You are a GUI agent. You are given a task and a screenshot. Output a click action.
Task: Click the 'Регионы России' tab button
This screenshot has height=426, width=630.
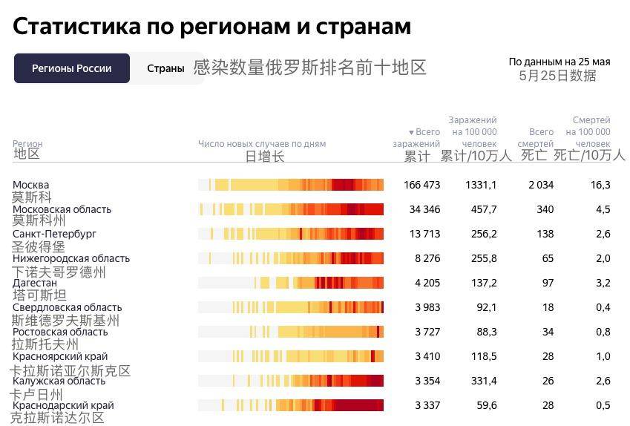pyautogui.click(x=71, y=68)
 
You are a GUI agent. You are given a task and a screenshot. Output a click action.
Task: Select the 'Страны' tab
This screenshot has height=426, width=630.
pyautogui.click(x=165, y=68)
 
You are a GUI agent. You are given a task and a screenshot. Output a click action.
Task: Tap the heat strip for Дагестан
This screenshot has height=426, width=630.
pyautogui.click(x=291, y=283)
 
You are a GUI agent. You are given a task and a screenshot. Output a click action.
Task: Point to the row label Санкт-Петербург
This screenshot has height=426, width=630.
pyautogui.click(x=54, y=234)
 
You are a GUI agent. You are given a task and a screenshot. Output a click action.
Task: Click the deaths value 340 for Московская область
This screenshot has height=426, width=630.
pyautogui.click(x=545, y=209)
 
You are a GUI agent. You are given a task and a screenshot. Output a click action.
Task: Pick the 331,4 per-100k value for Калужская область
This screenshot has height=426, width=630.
pyautogui.click(x=484, y=381)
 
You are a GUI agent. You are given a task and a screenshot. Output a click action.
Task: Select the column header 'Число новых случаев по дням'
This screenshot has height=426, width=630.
pyautogui.click(x=261, y=144)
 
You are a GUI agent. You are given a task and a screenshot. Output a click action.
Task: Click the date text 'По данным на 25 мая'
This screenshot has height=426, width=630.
pyautogui.click(x=559, y=62)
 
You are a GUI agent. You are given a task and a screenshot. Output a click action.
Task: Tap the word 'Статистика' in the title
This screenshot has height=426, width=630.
pyautogui.click(x=76, y=27)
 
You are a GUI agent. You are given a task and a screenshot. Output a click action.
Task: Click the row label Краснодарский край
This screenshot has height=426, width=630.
pyautogui.click(x=63, y=405)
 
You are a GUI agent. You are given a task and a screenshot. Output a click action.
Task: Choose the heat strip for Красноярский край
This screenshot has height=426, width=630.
pyautogui.click(x=291, y=356)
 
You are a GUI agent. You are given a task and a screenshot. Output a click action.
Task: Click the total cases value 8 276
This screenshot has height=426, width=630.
pyautogui.click(x=427, y=258)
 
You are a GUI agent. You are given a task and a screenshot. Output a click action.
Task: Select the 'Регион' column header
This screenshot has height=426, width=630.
pyautogui.click(x=27, y=144)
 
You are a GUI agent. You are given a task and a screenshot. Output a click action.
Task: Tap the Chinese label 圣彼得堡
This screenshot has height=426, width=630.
pyautogui.click(x=38, y=246)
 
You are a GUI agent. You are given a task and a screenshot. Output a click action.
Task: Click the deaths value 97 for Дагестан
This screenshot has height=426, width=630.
pyautogui.click(x=548, y=283)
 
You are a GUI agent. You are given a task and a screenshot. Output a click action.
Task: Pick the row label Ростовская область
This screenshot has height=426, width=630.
pyautogui.click(x=60, y=332)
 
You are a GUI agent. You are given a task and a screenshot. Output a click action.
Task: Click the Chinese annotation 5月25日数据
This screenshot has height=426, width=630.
pyautogui.click(x=557, y=76)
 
